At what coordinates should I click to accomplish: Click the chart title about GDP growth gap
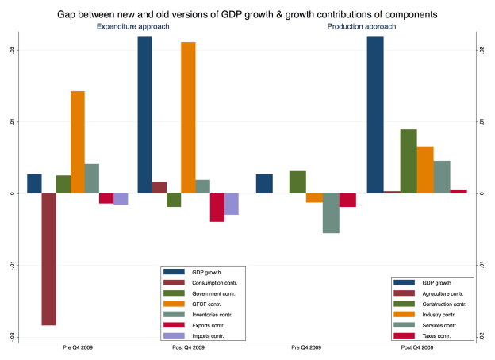247,14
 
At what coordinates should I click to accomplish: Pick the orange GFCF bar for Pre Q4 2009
77,143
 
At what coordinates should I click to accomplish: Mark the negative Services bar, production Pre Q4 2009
331,213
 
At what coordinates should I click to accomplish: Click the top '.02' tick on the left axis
13,50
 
